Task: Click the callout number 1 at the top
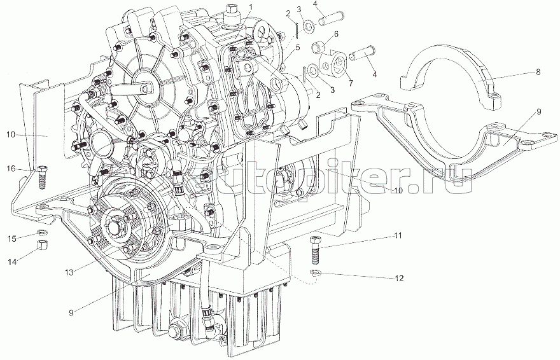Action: (251, 6)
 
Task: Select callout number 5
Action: (297, 46)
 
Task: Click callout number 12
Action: (399, 278)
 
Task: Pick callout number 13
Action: (69, 272)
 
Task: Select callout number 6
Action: (335, 33)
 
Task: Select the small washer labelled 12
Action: (315, 274)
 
